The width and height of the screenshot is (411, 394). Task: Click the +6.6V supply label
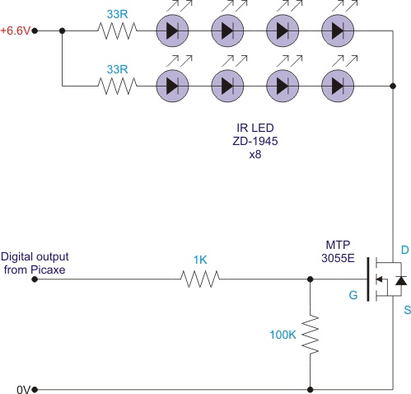(15, 30)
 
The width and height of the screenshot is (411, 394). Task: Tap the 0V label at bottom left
(23, 390)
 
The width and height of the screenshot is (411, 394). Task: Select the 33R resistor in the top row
(117, 30)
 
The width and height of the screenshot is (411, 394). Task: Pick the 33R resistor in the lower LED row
(117, 86)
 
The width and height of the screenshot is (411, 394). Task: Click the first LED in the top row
(172, 30)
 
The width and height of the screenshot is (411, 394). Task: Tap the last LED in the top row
(338, 30)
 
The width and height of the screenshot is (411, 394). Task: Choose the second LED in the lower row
(227, 86)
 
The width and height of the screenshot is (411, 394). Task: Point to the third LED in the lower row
(283, 86)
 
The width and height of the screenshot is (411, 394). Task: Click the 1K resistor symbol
(200, 279)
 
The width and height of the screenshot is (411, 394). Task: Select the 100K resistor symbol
(311, 335)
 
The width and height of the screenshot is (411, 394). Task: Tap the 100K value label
(283, 335)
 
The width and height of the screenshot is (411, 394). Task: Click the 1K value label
(200, 260)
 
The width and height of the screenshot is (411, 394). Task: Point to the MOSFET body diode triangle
(401, 281)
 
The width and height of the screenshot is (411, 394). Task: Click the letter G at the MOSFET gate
(353, 295)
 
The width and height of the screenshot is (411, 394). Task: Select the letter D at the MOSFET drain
(405, 250)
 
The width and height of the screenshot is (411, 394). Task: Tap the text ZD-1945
(255, 141)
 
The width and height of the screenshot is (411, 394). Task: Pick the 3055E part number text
(338, 258)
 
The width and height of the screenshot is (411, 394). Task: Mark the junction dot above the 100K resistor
(311, 279)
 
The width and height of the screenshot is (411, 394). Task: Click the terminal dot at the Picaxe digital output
(35, 279)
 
